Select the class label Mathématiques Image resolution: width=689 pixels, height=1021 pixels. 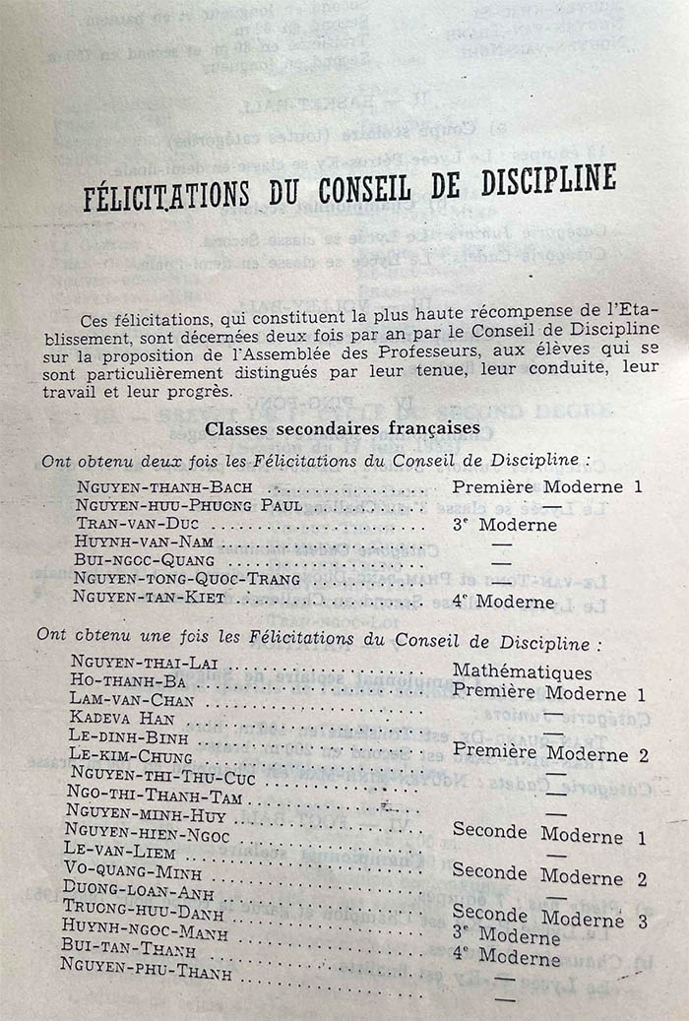pyautogui.click(x=522, y=672)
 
